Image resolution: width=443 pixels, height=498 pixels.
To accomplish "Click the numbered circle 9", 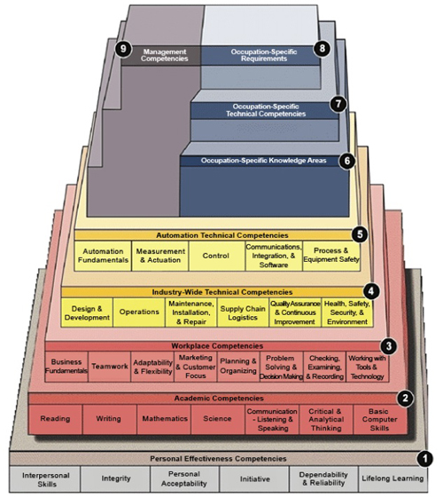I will point(123,49).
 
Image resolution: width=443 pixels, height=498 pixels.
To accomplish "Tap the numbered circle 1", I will point(425,459).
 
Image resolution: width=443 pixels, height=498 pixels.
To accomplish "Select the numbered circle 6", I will point(346,161).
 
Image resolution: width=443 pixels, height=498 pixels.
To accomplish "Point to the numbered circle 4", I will point(372,291).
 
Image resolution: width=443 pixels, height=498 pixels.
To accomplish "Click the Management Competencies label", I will point(165,56).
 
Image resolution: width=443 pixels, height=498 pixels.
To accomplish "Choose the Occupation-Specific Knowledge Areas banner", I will point(264,161).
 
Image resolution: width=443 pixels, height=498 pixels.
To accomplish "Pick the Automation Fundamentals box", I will point(103,257).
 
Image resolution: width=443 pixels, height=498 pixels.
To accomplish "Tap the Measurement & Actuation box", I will point(160,257).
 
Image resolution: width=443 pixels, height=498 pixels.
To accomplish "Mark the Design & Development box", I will point(87,312).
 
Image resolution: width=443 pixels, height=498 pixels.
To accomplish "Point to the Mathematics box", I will point(164,417).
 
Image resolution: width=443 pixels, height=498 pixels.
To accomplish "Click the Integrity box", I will point(117,479).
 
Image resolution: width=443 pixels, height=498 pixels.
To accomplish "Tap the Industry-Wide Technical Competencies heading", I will point(214,292).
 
